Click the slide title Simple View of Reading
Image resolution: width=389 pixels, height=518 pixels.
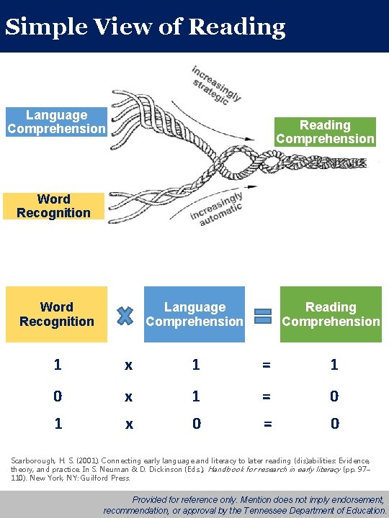pyautogui.click(x=145, y=27)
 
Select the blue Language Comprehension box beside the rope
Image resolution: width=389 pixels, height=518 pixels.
pyautogui.click(x=56, y=122)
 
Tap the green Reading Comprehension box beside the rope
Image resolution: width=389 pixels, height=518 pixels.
pyautogui.click(x=325, y=132)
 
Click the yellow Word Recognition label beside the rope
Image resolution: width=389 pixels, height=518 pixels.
pyautogui.click(x=53, y=206)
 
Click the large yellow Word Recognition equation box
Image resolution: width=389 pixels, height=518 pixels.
pyautogui.click(x=56, y=314)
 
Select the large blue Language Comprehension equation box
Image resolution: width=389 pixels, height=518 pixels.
pyautogui.click(x=194, y=314)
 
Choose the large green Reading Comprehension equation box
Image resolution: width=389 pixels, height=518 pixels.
pyautogui.click(x=331, y=314)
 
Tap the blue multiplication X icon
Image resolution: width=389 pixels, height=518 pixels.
pyautogui.click(x=125, y=315)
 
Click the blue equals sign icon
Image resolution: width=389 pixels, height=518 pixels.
pyautogui.click(x=263, y=315)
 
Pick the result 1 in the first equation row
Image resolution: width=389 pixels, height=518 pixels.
pyautogui.click(x=334, y=365)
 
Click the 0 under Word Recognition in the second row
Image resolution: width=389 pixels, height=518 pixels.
pyautogui.click(x=58, y=396)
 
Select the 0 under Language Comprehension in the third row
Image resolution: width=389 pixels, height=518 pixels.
pyautogui.click(x=197, y=424)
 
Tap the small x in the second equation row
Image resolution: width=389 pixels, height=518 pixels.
pyautogui.click(x=128, y=396)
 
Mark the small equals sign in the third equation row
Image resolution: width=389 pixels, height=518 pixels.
pyautogui.click(x=267, y=424)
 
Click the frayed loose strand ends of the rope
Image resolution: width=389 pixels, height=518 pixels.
pyautogui.click(x=122, y=115)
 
